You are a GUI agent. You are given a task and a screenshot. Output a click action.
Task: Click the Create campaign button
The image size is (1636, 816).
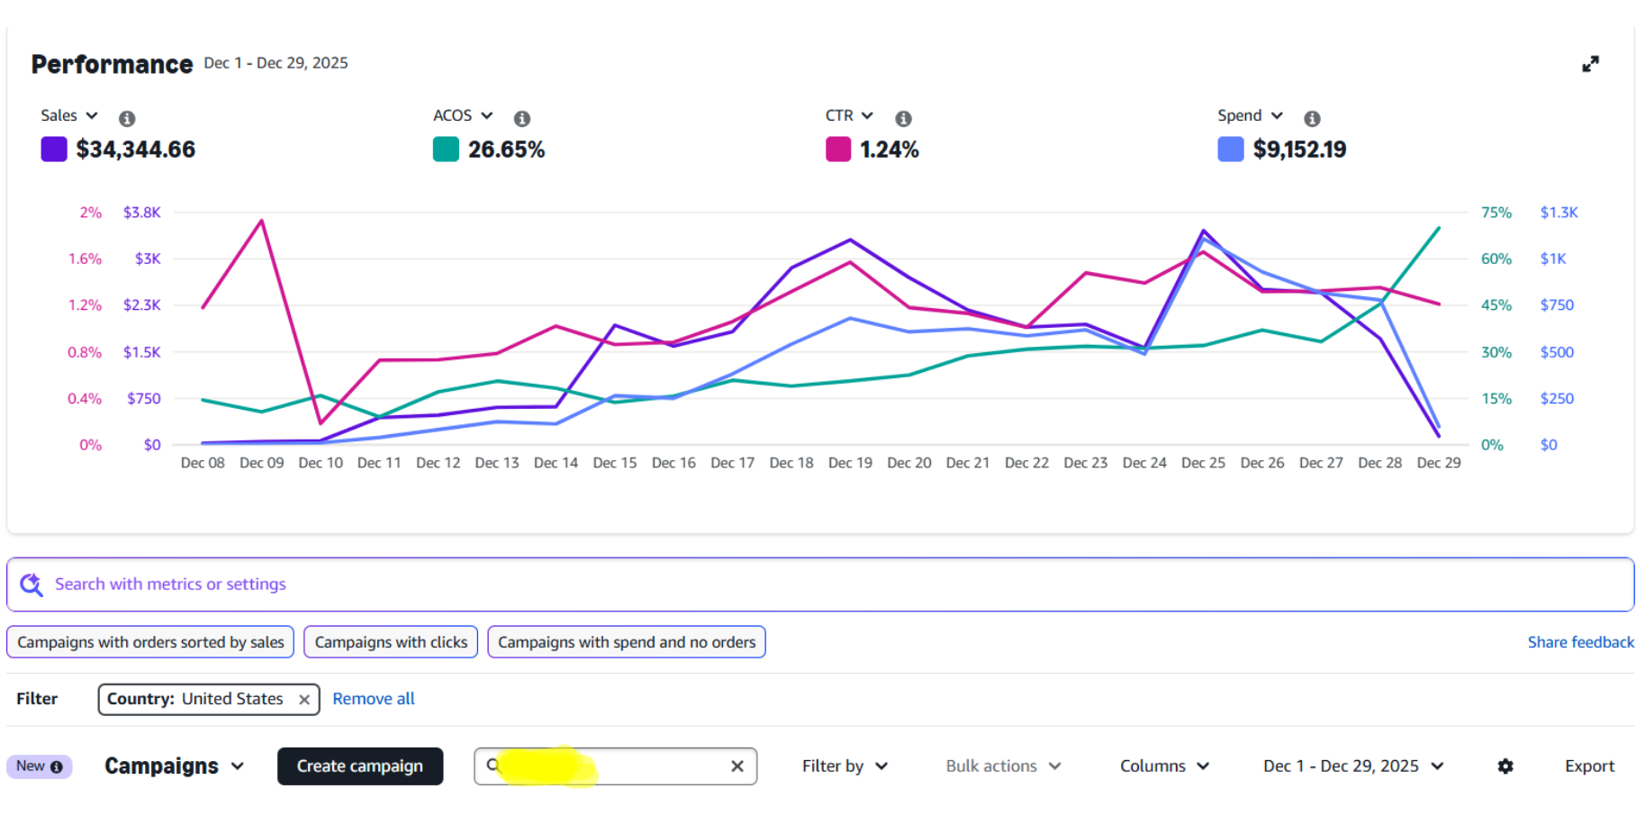tap(359, 766)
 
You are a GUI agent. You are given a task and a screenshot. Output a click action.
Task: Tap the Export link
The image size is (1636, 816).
tap(1589, 766)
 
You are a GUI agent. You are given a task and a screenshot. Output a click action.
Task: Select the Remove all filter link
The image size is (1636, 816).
tap(374, 699)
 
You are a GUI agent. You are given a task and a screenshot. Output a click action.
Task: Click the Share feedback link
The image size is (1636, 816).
tap(1580, 642)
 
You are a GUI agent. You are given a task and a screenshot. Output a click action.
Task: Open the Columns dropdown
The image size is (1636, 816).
tap(1164, 766)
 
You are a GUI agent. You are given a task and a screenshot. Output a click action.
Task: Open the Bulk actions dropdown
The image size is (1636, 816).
tap(1003, 766)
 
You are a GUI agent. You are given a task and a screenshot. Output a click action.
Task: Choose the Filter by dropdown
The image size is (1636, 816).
tap(845, 766)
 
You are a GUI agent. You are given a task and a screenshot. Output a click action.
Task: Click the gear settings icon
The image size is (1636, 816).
tap(1505, 766)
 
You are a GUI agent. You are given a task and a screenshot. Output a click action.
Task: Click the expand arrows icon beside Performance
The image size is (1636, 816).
tap(1591, 64)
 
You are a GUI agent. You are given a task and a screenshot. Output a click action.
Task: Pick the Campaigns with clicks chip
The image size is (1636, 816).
tap(391, 642)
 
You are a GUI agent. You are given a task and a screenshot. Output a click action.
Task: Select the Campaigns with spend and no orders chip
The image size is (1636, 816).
tap(627, 642)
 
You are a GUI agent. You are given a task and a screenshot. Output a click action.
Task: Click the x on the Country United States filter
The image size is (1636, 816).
tap(304, 700)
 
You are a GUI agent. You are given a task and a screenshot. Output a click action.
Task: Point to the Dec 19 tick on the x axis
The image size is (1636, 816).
tap(850, 463)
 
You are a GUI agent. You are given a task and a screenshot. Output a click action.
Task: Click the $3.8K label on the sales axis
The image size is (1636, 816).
tap(141, 213)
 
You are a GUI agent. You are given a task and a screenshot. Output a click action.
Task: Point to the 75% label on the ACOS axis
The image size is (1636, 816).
tap(1496, 213)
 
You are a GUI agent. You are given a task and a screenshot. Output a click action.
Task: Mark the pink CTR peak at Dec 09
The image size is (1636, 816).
tap(262, 220)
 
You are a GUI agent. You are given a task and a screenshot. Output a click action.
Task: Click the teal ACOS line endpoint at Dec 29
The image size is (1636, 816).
tap(1439, 228)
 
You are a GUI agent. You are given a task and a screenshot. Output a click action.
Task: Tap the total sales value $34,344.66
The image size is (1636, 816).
tap(135, 150)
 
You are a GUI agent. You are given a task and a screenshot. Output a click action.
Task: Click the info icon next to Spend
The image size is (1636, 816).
tap(1312, 119)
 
